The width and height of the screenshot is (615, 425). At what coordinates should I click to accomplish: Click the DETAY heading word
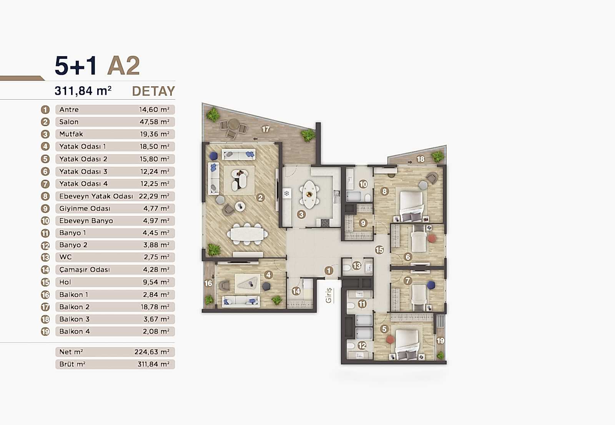153,91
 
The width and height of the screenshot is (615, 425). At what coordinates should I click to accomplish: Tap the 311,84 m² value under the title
83,91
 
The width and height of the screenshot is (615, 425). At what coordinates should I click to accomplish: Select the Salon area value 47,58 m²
154,122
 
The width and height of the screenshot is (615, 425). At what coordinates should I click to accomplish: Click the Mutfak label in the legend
71,134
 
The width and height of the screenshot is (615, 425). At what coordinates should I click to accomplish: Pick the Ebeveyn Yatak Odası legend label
96,196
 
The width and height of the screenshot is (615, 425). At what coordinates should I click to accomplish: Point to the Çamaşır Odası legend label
85,270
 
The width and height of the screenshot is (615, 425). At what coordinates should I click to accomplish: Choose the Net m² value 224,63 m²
152,352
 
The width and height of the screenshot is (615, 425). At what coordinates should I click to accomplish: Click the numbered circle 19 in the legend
45,332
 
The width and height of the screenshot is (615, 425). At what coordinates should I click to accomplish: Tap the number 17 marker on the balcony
266,129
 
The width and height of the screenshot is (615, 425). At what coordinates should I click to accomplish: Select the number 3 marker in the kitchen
301,215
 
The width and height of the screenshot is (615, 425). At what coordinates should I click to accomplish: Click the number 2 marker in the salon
261,198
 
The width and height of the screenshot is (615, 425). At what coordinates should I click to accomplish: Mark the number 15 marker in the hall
379,250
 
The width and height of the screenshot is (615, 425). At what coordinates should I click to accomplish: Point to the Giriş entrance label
329,295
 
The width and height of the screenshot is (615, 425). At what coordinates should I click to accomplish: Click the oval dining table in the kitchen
309,192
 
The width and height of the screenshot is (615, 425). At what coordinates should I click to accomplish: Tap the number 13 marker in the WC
357,265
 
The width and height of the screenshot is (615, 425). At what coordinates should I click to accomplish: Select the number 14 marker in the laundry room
296,291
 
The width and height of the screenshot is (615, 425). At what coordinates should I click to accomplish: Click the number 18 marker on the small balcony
421,159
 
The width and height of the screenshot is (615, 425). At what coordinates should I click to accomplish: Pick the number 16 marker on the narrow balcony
208,283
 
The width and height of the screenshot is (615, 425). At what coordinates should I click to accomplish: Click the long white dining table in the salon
248,234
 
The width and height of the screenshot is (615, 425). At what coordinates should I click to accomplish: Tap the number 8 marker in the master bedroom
384,191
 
